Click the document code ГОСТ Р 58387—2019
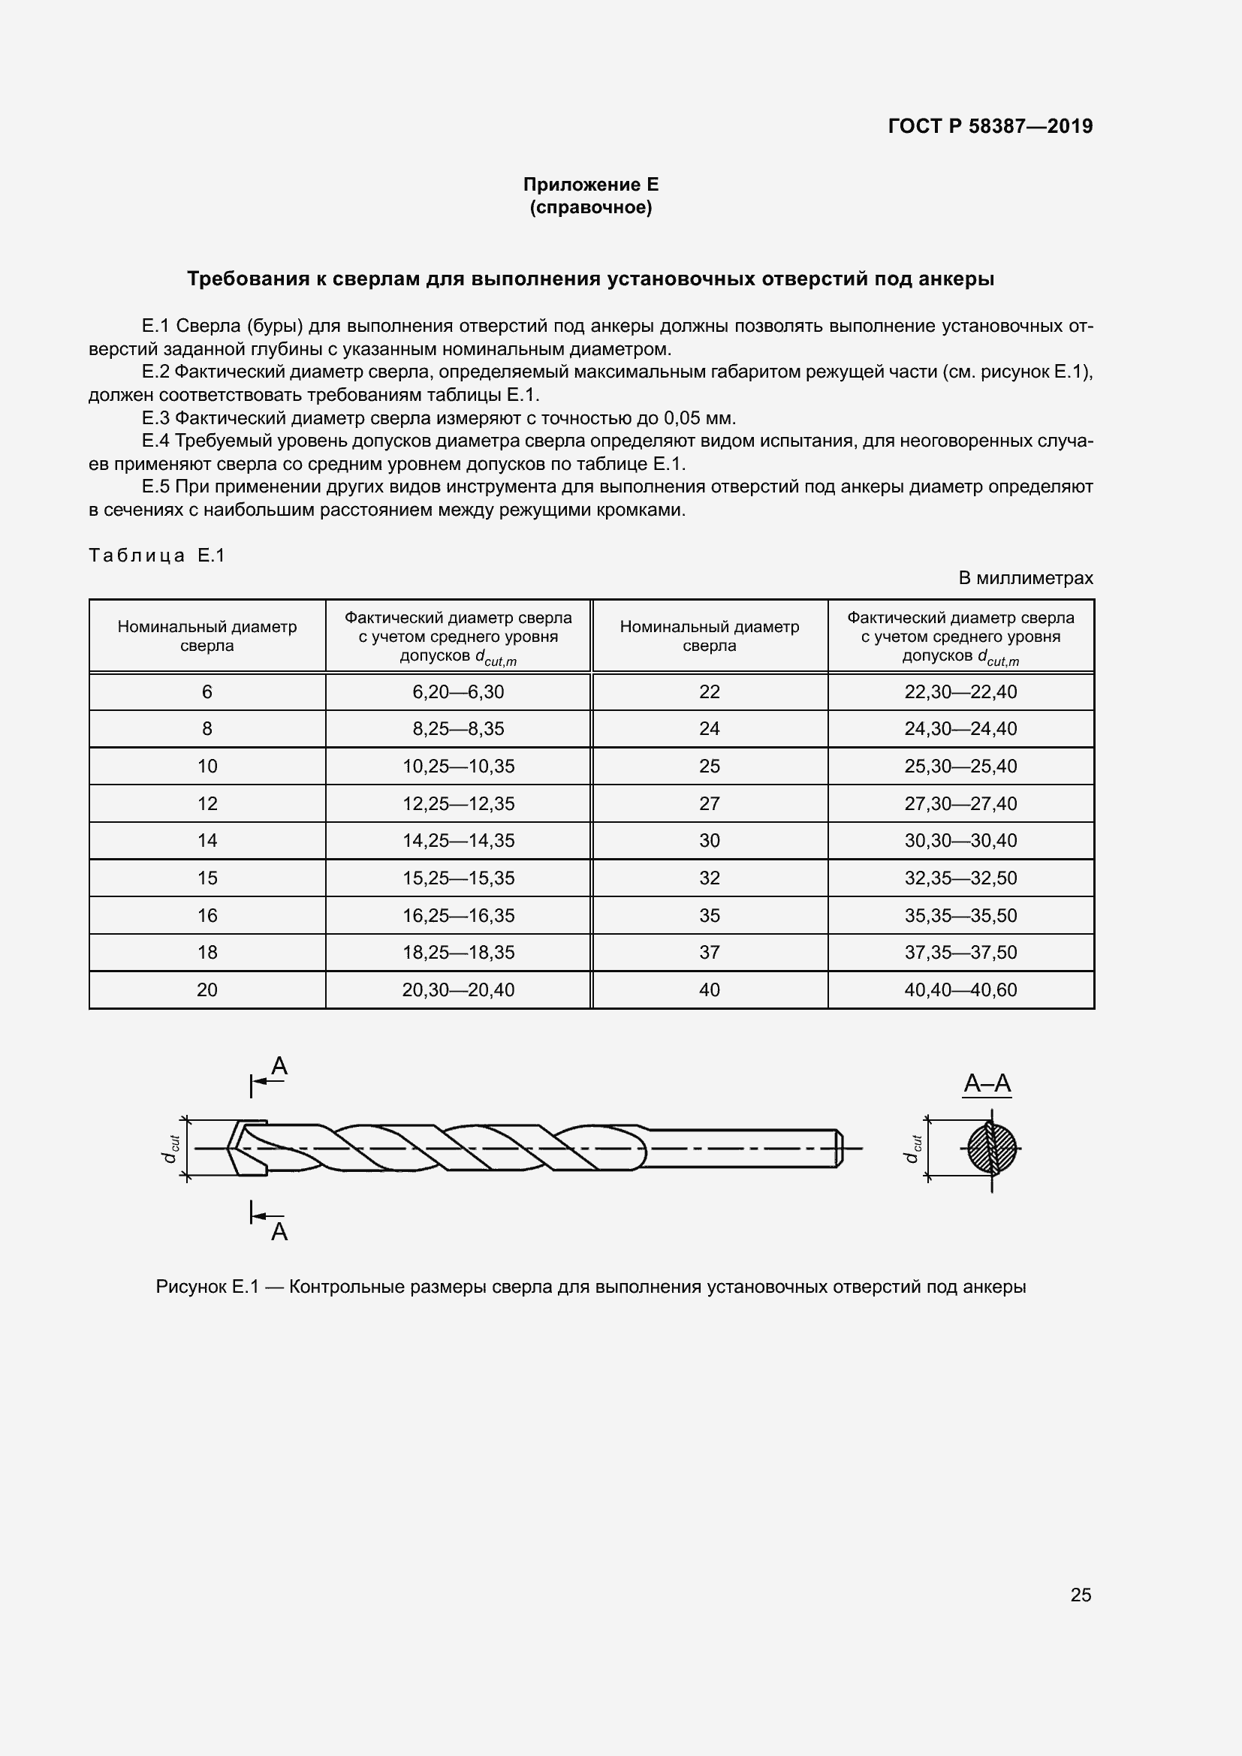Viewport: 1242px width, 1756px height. click(x=990, y=126)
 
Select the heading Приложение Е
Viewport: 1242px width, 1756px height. click(x=590, y=185)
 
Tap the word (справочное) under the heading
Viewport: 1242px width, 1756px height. click(x=590, y=207)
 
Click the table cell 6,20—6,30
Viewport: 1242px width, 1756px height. click(x=458, y=691)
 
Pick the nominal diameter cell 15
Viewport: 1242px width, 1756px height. click(x=207, y=878)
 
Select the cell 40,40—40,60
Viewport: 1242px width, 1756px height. click(x=960, y=989)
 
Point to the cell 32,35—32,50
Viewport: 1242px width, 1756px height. click(x=960, y=878)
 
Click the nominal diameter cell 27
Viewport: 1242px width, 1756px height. click(x=709, y=803)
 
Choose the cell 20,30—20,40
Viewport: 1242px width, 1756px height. click(x=458, y=989)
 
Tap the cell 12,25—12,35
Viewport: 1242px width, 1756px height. click(x=458, y=803)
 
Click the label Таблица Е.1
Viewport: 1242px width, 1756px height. click(x=157, y=556)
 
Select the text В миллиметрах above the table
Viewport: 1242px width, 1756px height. click(x=1026, y=578)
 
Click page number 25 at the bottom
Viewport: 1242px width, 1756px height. click(x=1081, y=1595)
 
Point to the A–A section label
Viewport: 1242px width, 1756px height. click(x=987, y=1083)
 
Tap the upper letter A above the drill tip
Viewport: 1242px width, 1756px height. click(x=279, y=1066)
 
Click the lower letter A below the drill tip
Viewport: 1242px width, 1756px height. click(x=279, y=1231)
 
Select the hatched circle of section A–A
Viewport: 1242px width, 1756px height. click(x=992, y=1148)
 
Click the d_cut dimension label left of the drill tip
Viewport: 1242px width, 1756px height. click(x=171, y=1149)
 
